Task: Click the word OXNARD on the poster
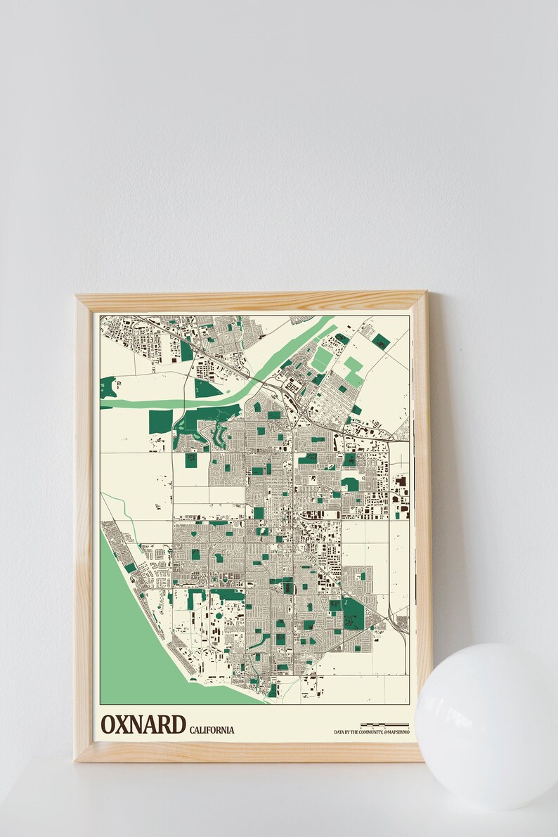[x=143, y=724]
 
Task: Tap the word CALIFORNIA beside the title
[x=212, y=729]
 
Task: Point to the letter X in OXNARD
[x=123, y=724]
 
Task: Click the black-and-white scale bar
[x=384, y=724]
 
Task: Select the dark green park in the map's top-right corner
[x=381, y=342]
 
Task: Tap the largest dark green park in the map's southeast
[x=353, y=613]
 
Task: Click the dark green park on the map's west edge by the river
[x=108, y=387]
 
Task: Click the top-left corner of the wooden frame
[x=78, y=296]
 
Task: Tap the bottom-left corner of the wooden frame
[x=77, y=759]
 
